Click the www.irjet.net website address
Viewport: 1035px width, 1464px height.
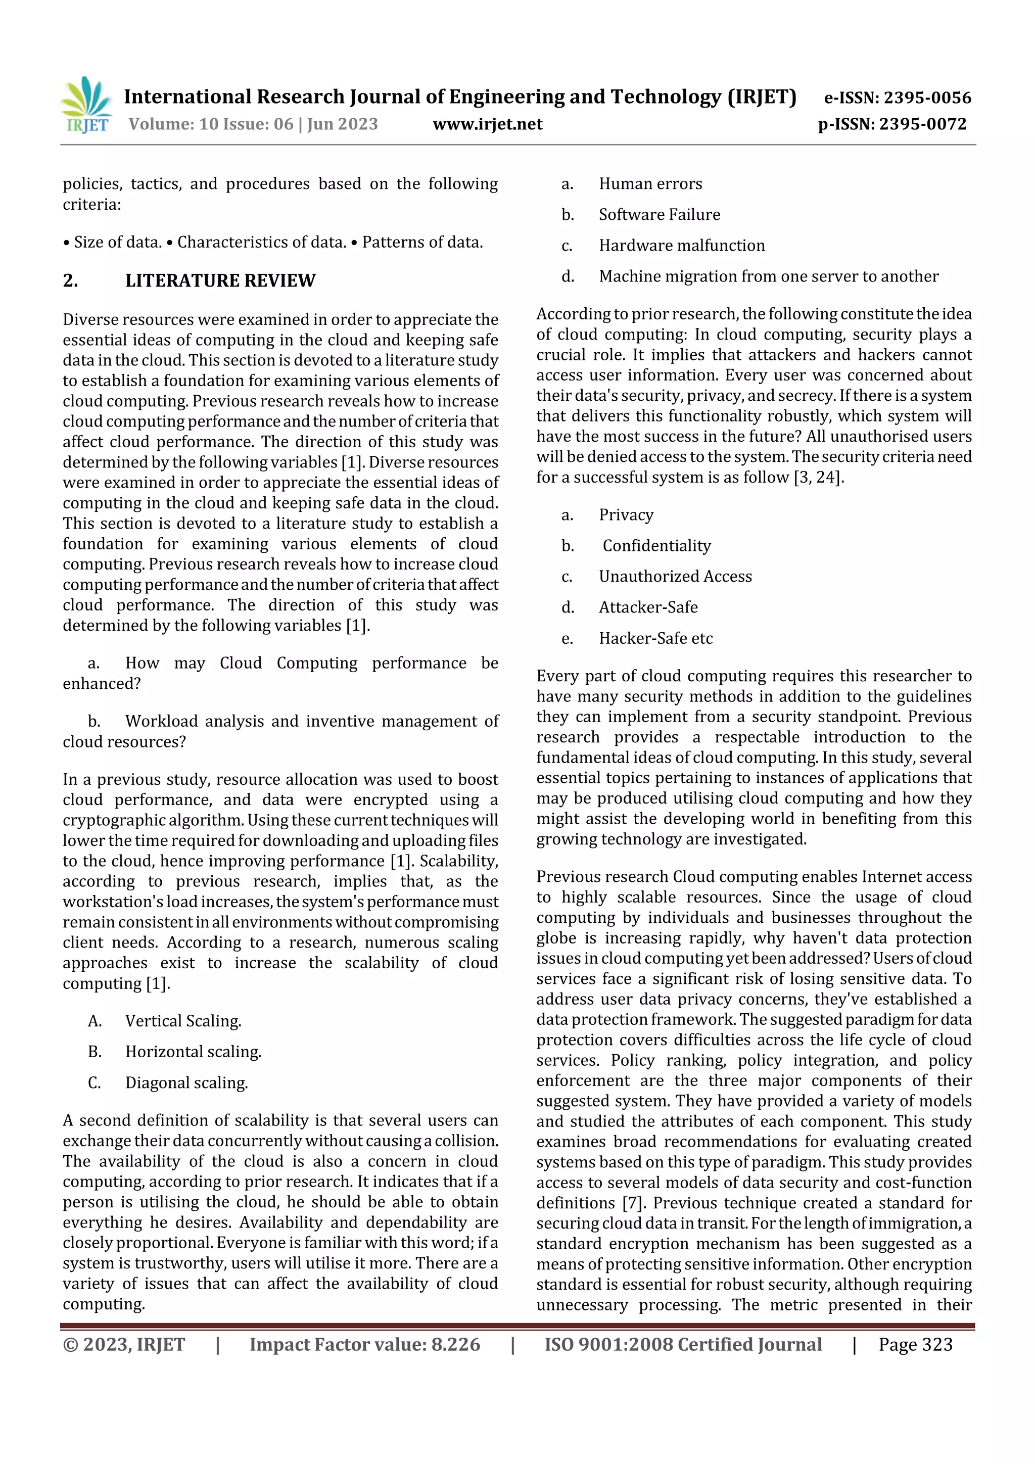click(x=487, y=124)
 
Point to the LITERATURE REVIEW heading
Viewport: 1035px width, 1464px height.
click(x=220, y=280)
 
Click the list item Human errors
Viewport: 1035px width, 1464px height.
click(x=650, y=184)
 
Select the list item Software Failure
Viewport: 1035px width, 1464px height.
click(x=659, y=215)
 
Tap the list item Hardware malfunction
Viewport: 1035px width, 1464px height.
click(x=681, y=246)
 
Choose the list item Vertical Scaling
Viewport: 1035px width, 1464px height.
click(x=183, y=1021)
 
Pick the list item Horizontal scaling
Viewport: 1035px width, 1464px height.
click(x=193, y=1052)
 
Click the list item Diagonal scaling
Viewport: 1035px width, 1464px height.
click(x=186, y=1082)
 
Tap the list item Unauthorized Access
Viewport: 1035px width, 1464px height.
click(x=675, y=577)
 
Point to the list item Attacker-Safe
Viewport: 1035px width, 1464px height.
click(x=648, y=607)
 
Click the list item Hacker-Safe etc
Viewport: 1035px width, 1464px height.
click(x=655, y=638)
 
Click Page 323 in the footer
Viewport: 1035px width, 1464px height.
click(x=915, y=1344)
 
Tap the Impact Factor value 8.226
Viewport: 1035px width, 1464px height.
click(x=455, y=1344)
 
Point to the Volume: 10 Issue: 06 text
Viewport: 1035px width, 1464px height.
click(x=210, y=124)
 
